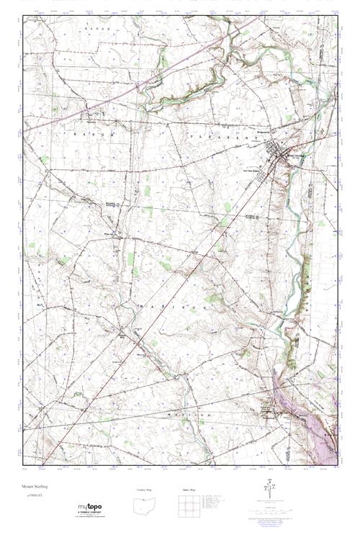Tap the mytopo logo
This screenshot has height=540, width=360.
90,507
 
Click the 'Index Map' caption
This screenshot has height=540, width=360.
188,490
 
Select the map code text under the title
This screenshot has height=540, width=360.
33,496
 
